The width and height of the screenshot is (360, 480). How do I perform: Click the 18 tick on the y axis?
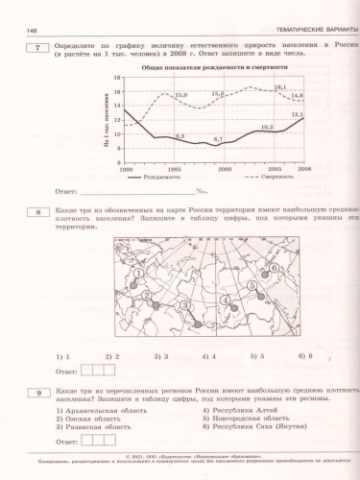[117, 78]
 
